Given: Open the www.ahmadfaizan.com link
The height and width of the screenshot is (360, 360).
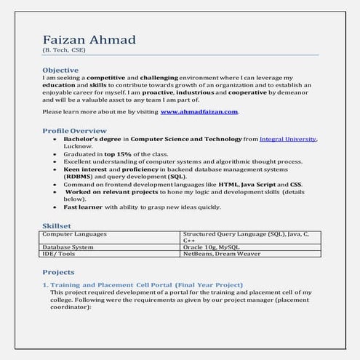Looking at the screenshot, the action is pos(199,112).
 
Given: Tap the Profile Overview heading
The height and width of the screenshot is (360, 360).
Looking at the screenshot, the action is pos(75,130).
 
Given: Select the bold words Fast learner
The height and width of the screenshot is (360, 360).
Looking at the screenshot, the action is pos(82,207).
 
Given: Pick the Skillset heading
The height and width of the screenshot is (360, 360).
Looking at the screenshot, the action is pos(57,226).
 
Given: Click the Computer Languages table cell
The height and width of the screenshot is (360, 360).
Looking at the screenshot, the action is pos(76,235).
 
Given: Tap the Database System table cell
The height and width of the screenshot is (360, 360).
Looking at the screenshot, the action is pos(68,247).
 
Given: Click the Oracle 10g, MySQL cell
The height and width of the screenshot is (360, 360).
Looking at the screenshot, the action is pos(211,247).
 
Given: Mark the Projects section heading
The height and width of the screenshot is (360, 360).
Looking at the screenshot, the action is pos(59,272).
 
